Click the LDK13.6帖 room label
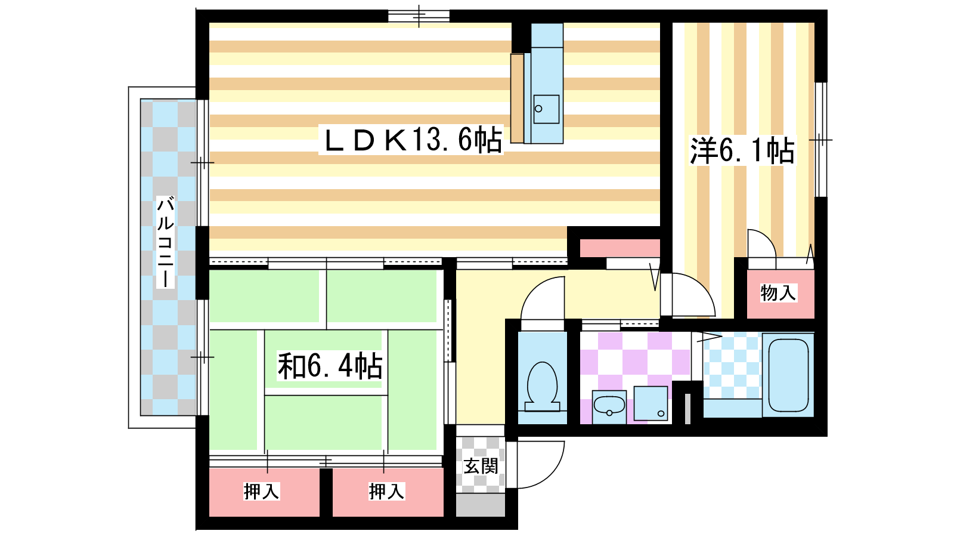(411, 140)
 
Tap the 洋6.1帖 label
(742, 150)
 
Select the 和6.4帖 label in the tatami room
(330, 366)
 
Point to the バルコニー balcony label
(165, 242)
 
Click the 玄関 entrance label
(481, 466)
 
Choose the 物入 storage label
(778, 293)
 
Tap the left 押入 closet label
(261, 492)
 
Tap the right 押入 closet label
(386, 492)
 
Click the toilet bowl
(542, 386)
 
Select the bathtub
(788, 375)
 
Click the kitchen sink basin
(546, 109)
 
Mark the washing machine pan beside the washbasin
(651, 403)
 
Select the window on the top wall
(419, 16)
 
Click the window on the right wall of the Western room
(820, 140)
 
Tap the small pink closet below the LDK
(620, 248)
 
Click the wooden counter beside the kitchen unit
(517, 98)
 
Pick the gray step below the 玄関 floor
(481, 505)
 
